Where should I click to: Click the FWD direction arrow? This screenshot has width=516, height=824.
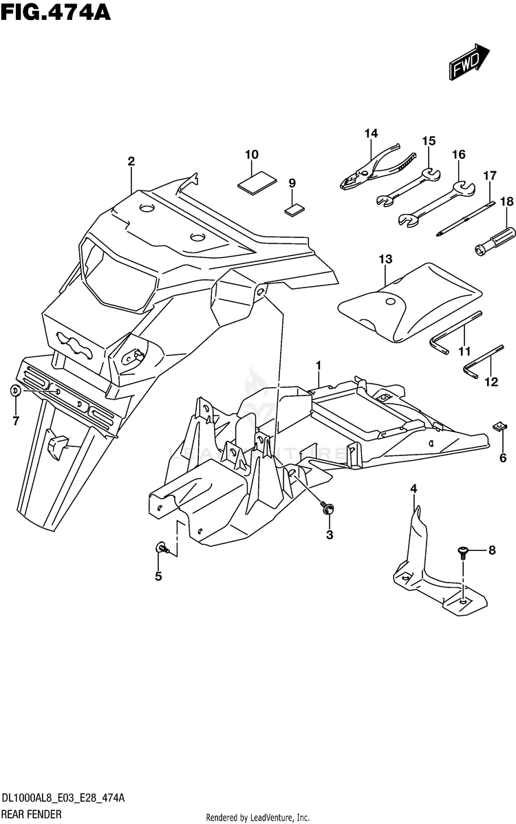coord(470,62)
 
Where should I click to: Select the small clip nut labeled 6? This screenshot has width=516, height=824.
coord(501,427)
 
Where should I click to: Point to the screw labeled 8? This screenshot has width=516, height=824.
coord(463,550)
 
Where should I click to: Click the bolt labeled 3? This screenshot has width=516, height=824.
coord(328,508)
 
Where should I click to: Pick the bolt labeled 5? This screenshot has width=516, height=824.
coord(162,547)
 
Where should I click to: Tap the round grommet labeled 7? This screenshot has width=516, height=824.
coord(15,391)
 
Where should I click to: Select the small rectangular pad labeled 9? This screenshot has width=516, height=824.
coord(294,208)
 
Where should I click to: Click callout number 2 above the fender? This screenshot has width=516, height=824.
coord(131,162)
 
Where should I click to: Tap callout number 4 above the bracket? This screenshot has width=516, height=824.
coord(413,488)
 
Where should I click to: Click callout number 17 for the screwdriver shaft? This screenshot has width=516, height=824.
coord(489,175)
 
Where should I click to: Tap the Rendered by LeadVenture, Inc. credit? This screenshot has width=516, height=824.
coord(258,818)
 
